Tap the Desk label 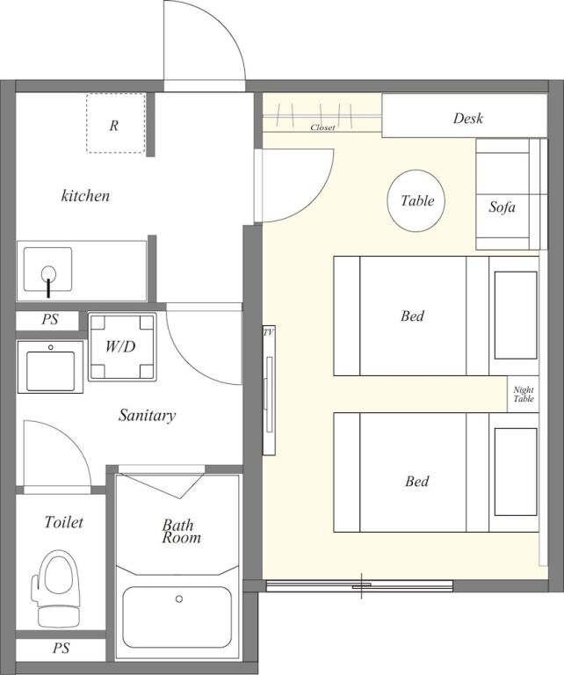click(467, 119)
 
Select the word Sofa click(502, 207)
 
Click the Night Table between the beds click(523, 394)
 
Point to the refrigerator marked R click(115, 123)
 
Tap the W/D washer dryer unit click(122, 346)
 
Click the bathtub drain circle click(179, 599)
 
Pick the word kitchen click(85, 196)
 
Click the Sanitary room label click(147, 416)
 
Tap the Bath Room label click(181, 531)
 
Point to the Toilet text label click(63, 522)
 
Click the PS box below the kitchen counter click(47, 320)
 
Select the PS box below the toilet click(61, 649)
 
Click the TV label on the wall click(269, 332)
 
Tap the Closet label click(322, 127)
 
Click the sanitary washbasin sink click(50, 367)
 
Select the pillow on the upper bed click(516, 316)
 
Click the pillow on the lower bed click(516, 472)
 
